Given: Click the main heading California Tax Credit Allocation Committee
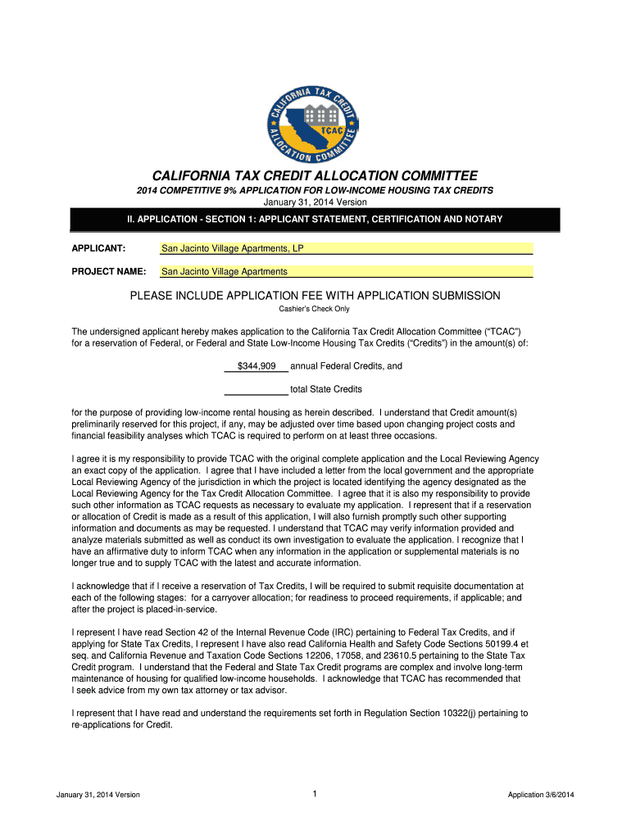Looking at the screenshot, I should pyautogui.click(x=315, y=176).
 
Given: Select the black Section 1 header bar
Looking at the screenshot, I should pyautogui.click(x=315, y=220).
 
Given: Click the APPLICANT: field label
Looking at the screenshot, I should pyautogui.click(x=98, y=248).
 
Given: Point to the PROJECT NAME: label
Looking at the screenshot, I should pyautogui.click(x=109, y=271).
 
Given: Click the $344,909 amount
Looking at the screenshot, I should pyautogui.click(x=256, y=366).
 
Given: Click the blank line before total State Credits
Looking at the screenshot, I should pyautogui.click(x=256, y=389).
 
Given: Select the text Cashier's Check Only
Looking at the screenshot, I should pyautogui.click(x=315, y=309).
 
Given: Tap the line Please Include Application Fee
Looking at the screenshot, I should pyautogui.click(x=315, y=295).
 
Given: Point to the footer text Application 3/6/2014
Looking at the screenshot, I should pyautogui.click(x=541, y=795).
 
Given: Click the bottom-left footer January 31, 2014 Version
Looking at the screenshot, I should pyautogui.click(x=98, y=795).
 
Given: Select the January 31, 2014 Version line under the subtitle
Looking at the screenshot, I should pyautogui.click(x=315, y=202).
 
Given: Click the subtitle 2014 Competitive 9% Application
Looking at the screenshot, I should pyautogui.click(x=315, y=190).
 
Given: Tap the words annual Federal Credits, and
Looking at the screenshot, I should pyautogui.click(x=346, y=366).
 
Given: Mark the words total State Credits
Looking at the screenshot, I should pyautogui.click(x=326, y=389).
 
